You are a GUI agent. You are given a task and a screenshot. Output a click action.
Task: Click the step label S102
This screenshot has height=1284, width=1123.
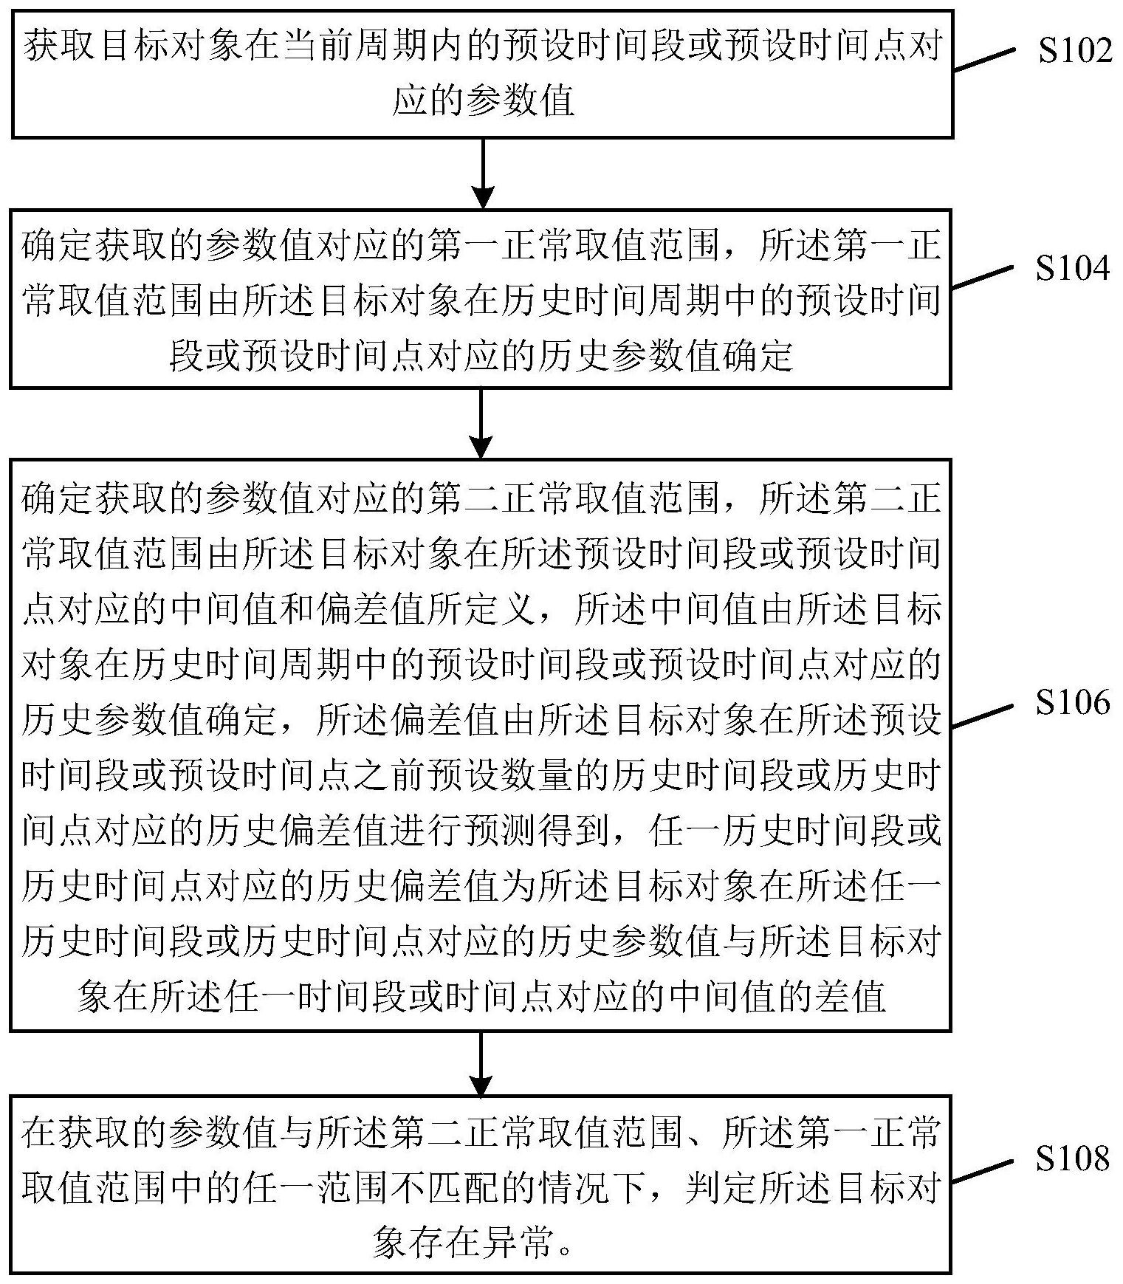1074,51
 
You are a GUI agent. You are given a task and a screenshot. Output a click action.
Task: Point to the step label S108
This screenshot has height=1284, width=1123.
1072,1158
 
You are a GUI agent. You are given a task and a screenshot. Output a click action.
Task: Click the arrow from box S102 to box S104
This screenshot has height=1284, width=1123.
482,174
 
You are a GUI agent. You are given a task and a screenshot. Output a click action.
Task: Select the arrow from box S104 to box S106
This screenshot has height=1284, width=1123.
481,423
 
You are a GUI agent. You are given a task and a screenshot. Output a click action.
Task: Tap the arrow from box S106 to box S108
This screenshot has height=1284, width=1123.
481,1064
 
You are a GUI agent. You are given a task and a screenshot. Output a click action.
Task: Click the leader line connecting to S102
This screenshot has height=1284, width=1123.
985,61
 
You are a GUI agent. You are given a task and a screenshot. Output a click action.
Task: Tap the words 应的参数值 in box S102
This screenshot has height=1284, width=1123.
483,100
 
